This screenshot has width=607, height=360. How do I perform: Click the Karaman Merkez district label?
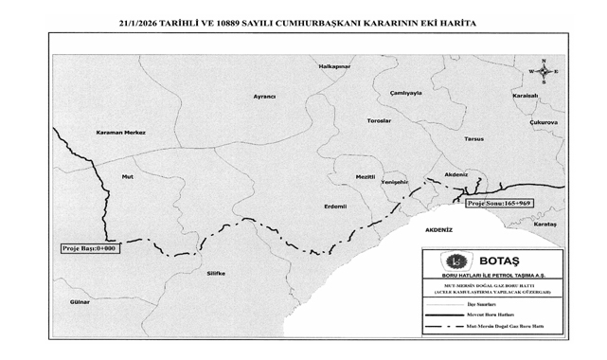click(x=121, y=133)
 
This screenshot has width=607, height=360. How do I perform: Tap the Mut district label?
click(x=128, y=177)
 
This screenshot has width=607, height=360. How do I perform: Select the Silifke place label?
click(x=216, y=273)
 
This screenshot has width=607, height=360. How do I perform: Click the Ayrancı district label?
click(x=264, y=97)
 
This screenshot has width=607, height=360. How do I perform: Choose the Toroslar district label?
click(x=379, y=121)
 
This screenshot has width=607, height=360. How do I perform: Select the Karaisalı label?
click(x=525, y=96)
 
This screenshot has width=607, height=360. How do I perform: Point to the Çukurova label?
click(x=544, y=122)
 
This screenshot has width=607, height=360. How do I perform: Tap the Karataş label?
click(x=545, y=224)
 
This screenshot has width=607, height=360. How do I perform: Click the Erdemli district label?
click(x=335, y=206)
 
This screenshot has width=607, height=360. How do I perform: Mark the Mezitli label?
click(x=366, y=176)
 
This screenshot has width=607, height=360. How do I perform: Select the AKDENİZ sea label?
click(x=439, y=230)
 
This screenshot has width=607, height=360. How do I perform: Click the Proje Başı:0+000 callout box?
click(x=88, y=248)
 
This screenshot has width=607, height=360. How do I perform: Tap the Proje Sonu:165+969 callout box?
click(x=499, y=203)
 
